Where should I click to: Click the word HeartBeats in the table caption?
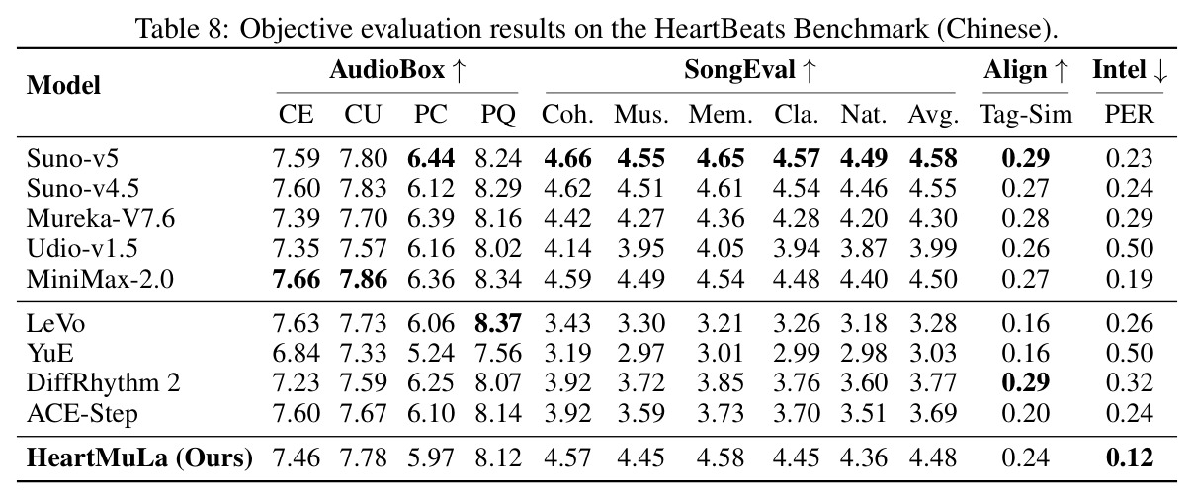(x=719, y=28)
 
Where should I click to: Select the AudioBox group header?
(x=387, y=70)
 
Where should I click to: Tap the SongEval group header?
(x=739, y=70)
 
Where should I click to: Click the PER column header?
(x=1129, y=114)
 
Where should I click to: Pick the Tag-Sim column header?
(x=1025, y=115)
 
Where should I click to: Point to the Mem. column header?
(x=721, y=115)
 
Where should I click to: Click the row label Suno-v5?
(x=72, y=158)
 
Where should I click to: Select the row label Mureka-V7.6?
(x=101, y=218)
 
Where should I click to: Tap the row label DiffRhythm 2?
(x=104, y=383)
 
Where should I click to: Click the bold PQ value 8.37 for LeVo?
(x=498, y=323)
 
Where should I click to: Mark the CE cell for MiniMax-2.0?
(x=297, y=279)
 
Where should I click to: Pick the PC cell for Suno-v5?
(x=431, y=158)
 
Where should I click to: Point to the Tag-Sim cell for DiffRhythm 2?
(x=1025, y=383)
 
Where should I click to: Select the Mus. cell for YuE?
(x=640, y=353)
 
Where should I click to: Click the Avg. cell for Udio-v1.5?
(x=933, y=248)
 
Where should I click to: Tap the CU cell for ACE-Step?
(x=363, y=413)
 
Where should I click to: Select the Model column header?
(x=63, y=85)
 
